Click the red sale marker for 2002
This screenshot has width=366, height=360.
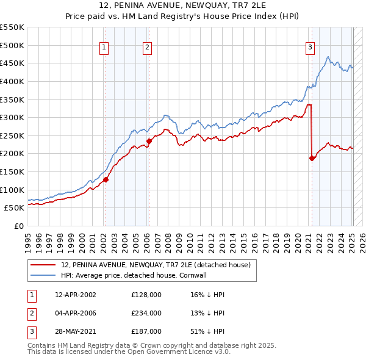click(x=106, y=179)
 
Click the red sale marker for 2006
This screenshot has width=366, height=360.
click(x=149, y=141)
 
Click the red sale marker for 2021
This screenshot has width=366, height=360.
click(x=312, y=158)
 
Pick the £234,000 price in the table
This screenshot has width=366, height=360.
click(x=146, y=313)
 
